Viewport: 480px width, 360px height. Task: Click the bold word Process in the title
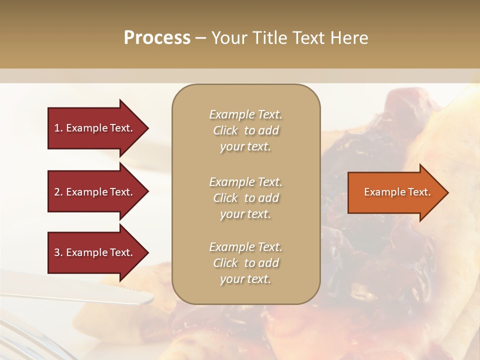[157, 38]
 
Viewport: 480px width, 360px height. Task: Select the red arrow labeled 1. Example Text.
[95, 128]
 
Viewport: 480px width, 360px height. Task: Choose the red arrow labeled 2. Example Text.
[95, 192]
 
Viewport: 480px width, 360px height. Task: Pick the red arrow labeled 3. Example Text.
[95, 252]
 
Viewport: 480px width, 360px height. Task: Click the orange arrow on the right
[395, 192]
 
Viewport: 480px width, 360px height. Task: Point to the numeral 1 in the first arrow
[56, 128]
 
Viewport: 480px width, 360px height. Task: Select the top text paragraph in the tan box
[245, 130]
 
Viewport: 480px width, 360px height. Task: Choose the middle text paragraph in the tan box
[245, 198]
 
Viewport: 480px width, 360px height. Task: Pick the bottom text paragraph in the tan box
[245, 263]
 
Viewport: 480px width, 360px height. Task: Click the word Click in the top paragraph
[225, 130]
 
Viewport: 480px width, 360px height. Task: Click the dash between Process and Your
[200, 38]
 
